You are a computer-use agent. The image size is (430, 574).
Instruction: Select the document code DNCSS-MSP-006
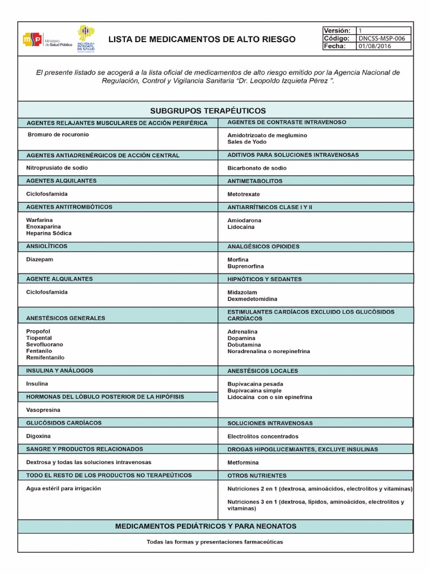point(385,39)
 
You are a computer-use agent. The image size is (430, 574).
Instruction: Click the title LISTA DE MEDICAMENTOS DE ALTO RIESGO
point(201,39)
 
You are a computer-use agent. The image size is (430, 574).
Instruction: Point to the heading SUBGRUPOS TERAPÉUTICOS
point(216,110)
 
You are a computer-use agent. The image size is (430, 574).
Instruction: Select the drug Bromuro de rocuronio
point(58,135)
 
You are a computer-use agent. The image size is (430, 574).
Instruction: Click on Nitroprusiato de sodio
point(57,168)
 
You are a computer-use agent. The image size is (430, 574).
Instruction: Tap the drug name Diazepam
point(40,260)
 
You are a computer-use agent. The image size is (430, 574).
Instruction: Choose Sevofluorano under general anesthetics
point(45,344)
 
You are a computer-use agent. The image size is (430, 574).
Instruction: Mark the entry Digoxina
point(39,436)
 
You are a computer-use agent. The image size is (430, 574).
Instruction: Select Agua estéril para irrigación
point(63,488)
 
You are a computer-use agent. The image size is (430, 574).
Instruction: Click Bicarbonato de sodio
point(257,168)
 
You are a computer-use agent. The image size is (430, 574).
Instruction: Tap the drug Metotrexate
point(244,195)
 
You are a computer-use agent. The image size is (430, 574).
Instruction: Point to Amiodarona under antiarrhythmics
point(244,221)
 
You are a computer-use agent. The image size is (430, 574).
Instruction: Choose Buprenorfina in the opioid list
point(245,266)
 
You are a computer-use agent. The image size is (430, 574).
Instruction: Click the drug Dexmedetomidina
point(253,299)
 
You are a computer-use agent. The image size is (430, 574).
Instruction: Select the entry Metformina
point(243,462)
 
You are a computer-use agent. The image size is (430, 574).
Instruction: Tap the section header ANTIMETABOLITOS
point(255,181)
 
